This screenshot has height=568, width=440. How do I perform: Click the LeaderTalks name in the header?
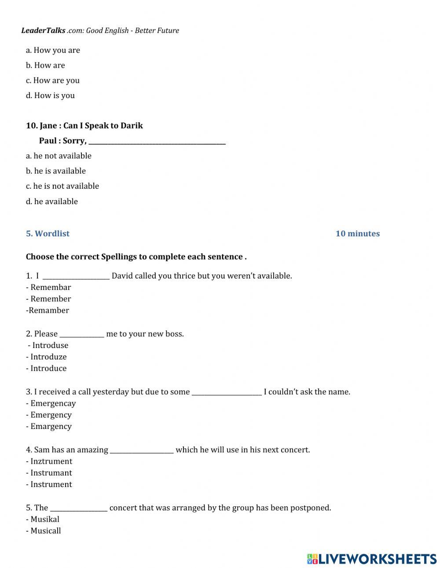point(43,30)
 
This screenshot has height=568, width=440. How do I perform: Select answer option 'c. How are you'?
point(52,81)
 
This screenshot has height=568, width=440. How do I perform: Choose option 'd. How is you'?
point(50,95)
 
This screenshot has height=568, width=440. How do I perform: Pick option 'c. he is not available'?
point(62,186)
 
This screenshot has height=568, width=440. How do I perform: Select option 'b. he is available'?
point(55,171)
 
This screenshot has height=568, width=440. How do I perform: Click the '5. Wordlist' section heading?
point(48,234)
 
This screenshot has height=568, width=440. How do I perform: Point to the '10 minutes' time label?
point(357,234)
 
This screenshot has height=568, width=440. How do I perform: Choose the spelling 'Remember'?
point(50,299)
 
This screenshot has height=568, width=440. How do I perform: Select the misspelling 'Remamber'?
point(48,310)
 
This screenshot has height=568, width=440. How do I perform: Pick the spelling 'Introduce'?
point(48,368)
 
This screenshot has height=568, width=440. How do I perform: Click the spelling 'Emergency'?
point(51,415)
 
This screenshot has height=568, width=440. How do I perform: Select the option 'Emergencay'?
point(53,403)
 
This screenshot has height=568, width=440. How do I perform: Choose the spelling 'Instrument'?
point(51,484)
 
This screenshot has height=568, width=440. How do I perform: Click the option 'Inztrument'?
point(51,462)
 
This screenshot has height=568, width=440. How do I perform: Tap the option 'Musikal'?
point(44,519)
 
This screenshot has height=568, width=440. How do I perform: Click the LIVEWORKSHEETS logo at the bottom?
point(372,559)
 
